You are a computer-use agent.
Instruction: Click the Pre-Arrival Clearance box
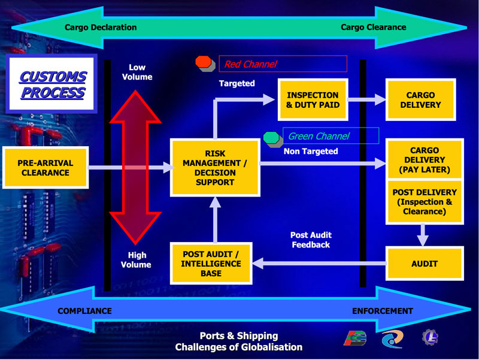[46, 168]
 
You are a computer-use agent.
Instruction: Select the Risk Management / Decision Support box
[215, 168]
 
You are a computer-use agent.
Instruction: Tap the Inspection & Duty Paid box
[313, 99]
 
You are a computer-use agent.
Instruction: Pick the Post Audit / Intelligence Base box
[211, 264]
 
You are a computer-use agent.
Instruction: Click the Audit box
[425, 264]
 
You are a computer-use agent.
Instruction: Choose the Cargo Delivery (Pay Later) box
[425, 159]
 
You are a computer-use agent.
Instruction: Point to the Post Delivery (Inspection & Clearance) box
[425, 202]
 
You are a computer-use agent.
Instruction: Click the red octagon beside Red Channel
[204, 62]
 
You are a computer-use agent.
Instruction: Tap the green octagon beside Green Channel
[271, 138]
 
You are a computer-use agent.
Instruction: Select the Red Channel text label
[250, 64]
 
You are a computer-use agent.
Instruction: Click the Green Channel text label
[319, 136]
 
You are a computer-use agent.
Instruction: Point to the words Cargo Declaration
[101, 27]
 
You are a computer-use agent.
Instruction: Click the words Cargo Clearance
[373, 27]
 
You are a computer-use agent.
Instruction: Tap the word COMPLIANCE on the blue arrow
[84, 311]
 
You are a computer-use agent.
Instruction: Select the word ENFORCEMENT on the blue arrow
[383, 311]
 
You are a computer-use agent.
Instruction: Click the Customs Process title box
[51, 83]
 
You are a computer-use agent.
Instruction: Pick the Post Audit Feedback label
[311, 240]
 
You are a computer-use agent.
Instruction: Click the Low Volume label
[137, 72]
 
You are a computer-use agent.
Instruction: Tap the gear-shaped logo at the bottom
[430, 337]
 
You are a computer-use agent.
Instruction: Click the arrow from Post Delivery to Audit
[423, 235]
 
